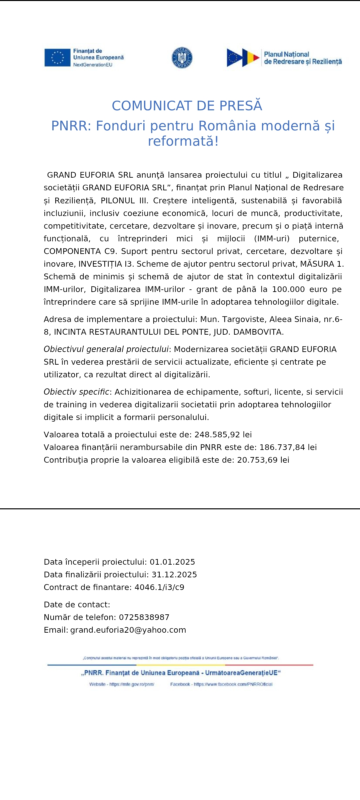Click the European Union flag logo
tap(57, 57)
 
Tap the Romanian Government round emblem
tap(182, 58)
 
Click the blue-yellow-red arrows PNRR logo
tap(243, 58)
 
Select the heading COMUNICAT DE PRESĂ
tap(187, 106)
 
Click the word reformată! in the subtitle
tap(183, 141)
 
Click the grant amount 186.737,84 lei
tap(288, 447)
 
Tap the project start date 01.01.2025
tap(172, 562)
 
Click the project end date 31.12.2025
tap(174, 575)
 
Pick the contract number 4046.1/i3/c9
tap(159, 587)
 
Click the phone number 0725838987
tap(144, 617)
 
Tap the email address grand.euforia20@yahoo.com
tap(128, 630)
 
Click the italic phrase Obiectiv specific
tap(76, 392)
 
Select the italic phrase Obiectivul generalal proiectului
tap(106, 349)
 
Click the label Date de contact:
tap(77, 605)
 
